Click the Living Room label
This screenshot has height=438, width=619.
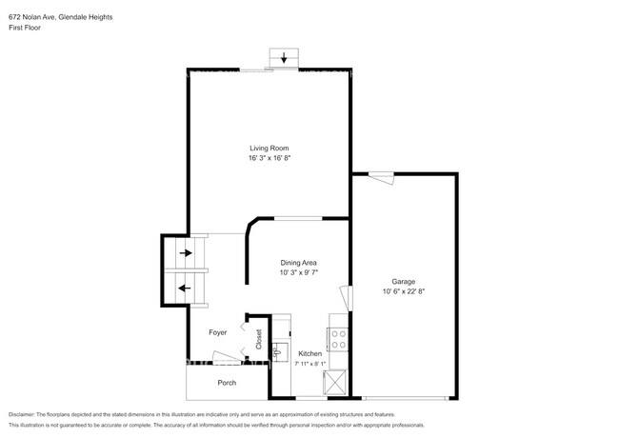[270, 148]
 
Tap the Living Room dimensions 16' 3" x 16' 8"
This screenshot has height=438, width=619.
[270, 158]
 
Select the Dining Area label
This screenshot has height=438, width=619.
[298, 263]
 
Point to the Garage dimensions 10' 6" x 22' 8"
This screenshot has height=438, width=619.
[404, 291]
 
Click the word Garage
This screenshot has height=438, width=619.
[404, 281]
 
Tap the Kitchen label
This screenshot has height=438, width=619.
[309, 353]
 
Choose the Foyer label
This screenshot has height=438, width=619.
[218, 332]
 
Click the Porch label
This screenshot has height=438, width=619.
[227, 383]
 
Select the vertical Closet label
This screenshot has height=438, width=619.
[259, 339]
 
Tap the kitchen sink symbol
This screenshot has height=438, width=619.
[280, 350]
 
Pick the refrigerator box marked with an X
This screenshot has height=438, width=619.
[335, 382]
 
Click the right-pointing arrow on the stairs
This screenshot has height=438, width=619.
[186, 252]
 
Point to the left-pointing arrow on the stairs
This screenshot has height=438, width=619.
[185, 289]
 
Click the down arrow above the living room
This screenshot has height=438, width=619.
[284, 58]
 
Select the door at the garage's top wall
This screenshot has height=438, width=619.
[381, 178]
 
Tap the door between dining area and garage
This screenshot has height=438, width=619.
[347, 298]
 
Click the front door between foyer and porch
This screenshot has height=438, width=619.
[227, 356]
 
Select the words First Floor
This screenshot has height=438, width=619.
[25, 28]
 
